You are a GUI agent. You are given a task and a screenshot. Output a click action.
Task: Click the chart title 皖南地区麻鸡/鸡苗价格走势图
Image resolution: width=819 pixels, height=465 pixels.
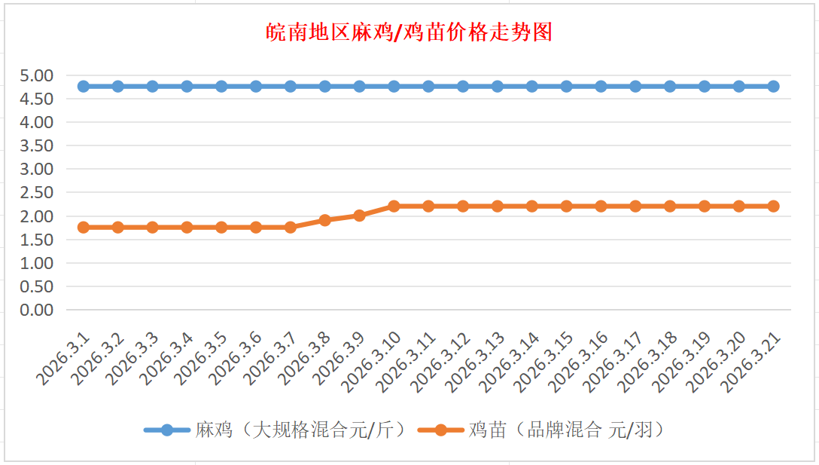pyautogui.click(x=409, y=32)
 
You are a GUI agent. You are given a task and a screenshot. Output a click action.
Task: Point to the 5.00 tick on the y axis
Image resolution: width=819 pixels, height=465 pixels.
pyautogui.click(x=37, y=75)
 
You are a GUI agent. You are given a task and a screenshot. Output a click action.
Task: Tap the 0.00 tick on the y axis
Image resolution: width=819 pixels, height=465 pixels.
pyautogui.click(x=37, y=310)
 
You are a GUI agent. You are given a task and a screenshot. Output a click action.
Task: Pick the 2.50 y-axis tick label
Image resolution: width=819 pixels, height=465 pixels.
pyautogui.click(x=37, y=192)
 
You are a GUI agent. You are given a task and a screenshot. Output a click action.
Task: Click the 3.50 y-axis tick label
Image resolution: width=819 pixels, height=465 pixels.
pyautogui.click(x=37, y=145)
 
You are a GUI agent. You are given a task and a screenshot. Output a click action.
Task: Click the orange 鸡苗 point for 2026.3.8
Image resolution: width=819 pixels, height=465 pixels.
pyautogui.click(x=325, y=220)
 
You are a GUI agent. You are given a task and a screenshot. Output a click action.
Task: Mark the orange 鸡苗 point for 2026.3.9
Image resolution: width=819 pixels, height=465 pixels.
pyautogui.click(x=360, y=216)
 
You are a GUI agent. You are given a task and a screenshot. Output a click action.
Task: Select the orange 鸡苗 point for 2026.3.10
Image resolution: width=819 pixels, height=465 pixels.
pyautogui.click(x=394, y=206)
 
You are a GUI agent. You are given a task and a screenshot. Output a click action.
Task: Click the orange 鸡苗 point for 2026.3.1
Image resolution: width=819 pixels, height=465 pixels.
pyautogui.click(x=84, y=227)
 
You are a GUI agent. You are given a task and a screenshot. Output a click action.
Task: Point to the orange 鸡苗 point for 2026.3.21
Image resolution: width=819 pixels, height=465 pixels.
pyautogui.click(x=773, y=206)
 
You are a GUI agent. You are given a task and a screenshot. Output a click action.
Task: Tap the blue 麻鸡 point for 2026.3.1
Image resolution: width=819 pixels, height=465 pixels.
pyautogui.click(x=84, y=86)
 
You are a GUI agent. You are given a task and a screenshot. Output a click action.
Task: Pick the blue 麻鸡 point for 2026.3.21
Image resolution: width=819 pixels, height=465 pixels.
pyautogui.click(x=773, y=86)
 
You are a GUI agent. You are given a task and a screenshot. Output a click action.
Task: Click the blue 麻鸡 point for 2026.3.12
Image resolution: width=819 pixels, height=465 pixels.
pyautogui.click(x=463, y=86)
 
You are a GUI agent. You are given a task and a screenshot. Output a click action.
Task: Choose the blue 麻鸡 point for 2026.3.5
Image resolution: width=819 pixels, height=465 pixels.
pyautogui.click(x=221, y=86)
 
